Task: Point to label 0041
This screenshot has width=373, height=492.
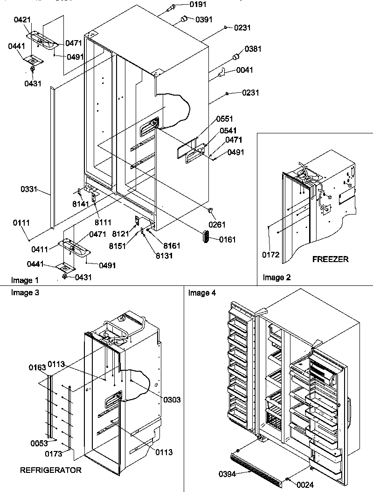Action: [245, 70]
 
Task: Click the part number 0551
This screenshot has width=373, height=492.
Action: [224, 119]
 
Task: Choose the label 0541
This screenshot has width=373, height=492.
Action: [224, 132]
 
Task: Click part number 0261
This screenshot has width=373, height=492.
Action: [217, 225]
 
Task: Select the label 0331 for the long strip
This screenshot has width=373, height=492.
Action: [29, 190]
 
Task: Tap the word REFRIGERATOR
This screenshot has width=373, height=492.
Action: [50, 470]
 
